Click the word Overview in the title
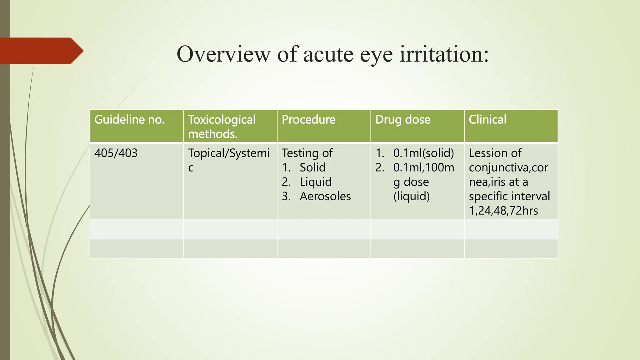click(x=223, y=54)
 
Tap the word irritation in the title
click(x=444, y=54)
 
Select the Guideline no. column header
click(x=129, y=119)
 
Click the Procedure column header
click(x=308, y=119)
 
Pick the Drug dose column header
click(x=403, y=119)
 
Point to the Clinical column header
click(x=487, y=119)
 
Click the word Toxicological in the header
click(x=222, y=119)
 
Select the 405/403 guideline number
click(x=116, y=153)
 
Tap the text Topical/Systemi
click(x=229, y=153)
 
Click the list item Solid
click(x=312, y=167)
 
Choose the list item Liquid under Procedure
click(x=316, y=182)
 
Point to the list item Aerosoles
click(x=325, y=196)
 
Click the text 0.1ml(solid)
click(x=423, y=153)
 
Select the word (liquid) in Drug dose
click(x=412, y=196)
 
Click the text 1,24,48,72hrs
click(x=503, y=211)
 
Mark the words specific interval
click(x=509, y=196)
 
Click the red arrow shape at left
click(x=41, y=51)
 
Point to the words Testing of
click(x=307, y=153)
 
